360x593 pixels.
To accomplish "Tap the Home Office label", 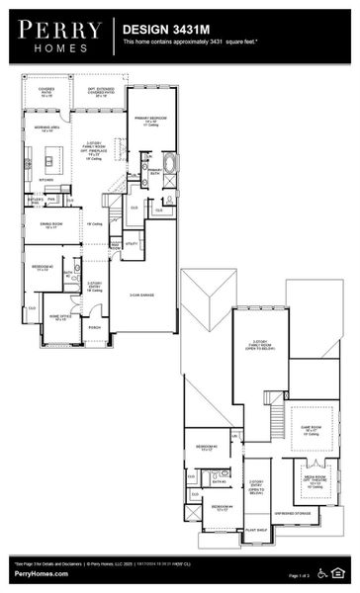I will pyautogui.click(x=57, y=318).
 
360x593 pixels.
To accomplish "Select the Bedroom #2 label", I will pyautogui.click(x=43, y=268).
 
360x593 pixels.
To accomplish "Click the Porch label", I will pyautogui.click(x=95, y=326).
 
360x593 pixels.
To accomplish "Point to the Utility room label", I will pyautogui.click(x=131, y=242).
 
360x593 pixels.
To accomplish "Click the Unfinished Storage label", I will pyautogui.click(x=294, y=513).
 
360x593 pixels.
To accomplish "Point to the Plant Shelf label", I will pyautogui.click(x=256, y=530).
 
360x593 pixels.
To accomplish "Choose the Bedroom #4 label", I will pyautogui.click(x=218, y=508).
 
